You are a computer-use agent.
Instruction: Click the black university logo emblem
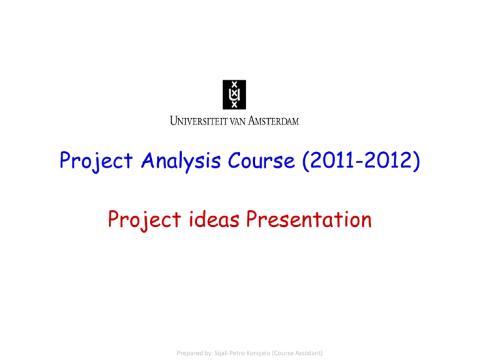tap(234, 94)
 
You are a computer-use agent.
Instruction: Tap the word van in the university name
tap(246, 120)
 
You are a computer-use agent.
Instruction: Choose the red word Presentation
tap(307, 219)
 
